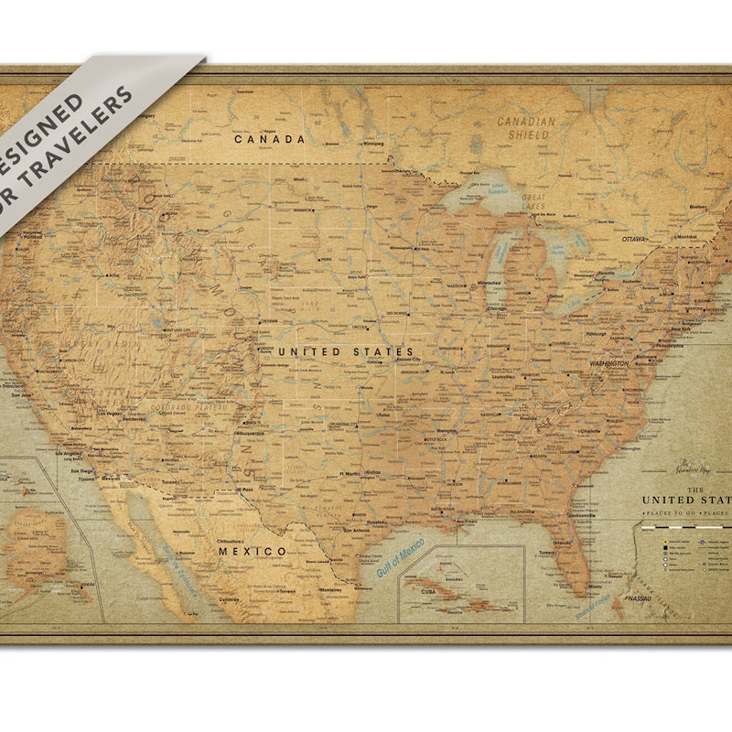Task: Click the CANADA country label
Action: [x=269, y=140]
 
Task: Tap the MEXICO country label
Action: [x=252, y=552]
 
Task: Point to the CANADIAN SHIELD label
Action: [x=526, y=128]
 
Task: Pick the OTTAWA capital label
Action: [x=634, y=239]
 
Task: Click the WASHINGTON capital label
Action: [x=608, y=363]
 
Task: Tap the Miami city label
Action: [x=597, y=586]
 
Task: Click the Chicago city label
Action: [x=497, y=308]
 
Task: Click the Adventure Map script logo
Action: [x=694, y=468]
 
